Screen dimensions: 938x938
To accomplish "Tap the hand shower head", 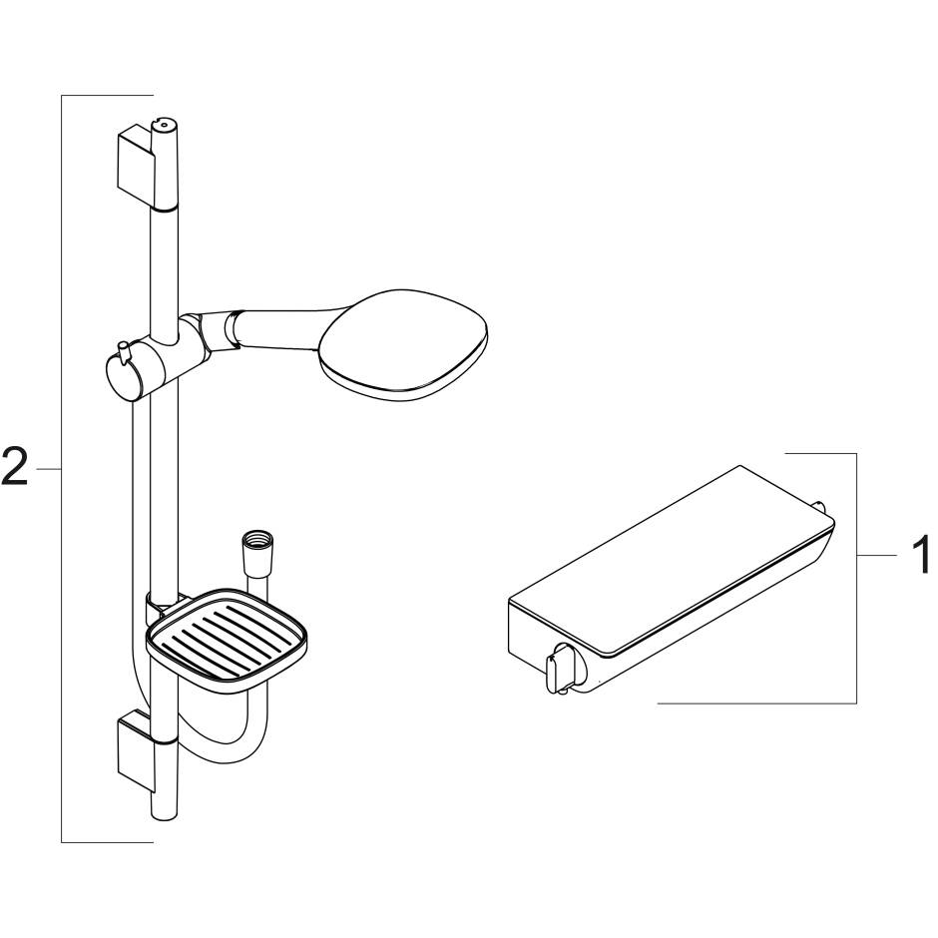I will (x=404, y=342).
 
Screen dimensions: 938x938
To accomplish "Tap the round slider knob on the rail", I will (x=121, y=376).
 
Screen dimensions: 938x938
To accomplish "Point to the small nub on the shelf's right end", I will (x=821, y=506).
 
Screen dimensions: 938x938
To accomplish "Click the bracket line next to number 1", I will (x=856, y=579).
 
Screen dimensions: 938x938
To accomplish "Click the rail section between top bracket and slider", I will (x=165, y=259).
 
